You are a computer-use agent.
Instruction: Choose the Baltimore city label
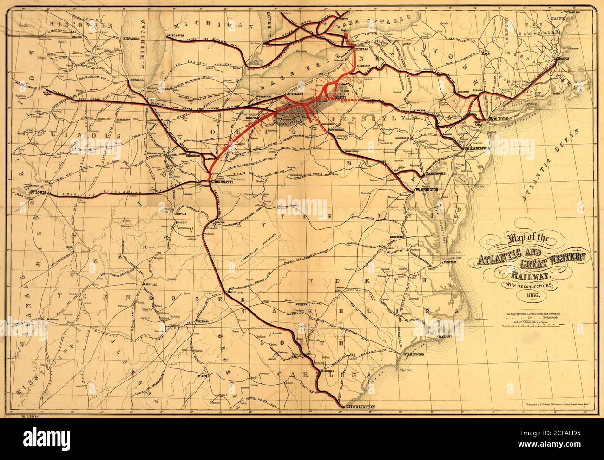[x=434, y=173]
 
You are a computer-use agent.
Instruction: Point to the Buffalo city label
[x=361, y=48]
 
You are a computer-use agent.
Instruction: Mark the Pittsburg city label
[x=328, y=130]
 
